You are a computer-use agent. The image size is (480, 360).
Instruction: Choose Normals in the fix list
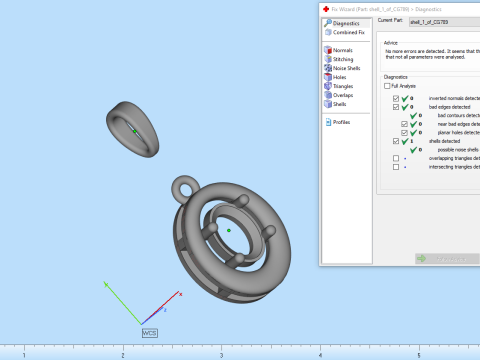(342, 50)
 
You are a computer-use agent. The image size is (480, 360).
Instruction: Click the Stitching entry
(343, 59)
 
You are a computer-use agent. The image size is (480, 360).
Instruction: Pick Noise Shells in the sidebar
(346, 68)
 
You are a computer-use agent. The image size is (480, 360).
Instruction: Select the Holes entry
(340, 77)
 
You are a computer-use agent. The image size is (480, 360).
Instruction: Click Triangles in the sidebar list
(343, 86)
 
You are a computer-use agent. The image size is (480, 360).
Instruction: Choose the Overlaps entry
(343, 95)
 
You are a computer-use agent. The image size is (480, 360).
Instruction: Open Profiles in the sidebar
(342, 122)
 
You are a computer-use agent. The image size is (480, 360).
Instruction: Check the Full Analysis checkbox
(388, 87)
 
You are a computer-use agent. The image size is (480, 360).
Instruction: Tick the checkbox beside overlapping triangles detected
(396, 158)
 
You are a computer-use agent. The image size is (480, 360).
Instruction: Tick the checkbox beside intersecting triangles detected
(396, 167)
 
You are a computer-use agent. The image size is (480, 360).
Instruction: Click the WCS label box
(150, 331)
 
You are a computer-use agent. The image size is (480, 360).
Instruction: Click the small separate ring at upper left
(133, 129)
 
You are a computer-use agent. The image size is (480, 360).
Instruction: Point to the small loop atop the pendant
(184, 186)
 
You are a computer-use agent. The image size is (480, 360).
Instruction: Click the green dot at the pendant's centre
(229, 230)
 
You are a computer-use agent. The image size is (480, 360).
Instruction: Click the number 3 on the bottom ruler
(221, 355)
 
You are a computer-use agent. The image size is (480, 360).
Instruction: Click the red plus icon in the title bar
(325, 6)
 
